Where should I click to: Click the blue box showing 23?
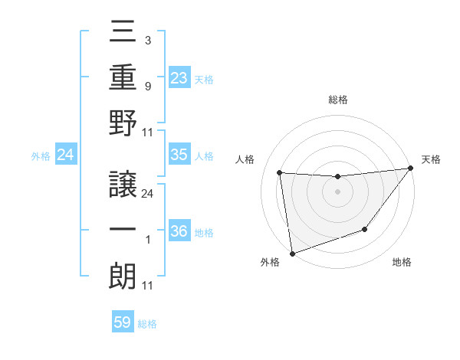[x=179, y=77]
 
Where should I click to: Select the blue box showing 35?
[x=179, y=155]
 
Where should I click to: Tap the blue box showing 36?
[x=179, y=231]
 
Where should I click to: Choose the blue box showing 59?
[x=123, y=322]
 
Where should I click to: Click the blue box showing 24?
[x=66, y=155]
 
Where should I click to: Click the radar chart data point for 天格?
[x=410, y=169]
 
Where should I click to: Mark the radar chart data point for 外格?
[x=291, y=253]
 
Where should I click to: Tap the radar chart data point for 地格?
[x=365, y=229]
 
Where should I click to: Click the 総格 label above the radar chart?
[x=338, y=100]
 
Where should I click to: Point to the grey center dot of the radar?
[x=337, y=191]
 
